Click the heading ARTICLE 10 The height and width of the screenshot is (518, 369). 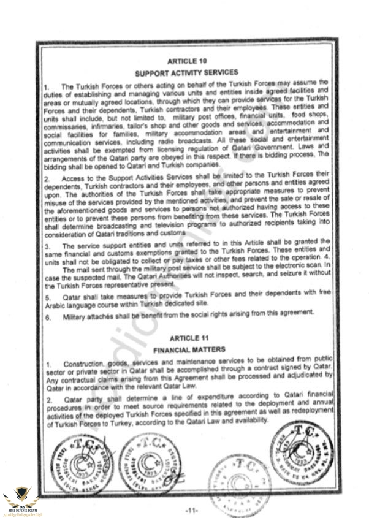186,61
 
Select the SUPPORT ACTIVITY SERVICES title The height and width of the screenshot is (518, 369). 186,72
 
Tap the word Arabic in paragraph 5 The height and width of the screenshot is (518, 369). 58,305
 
